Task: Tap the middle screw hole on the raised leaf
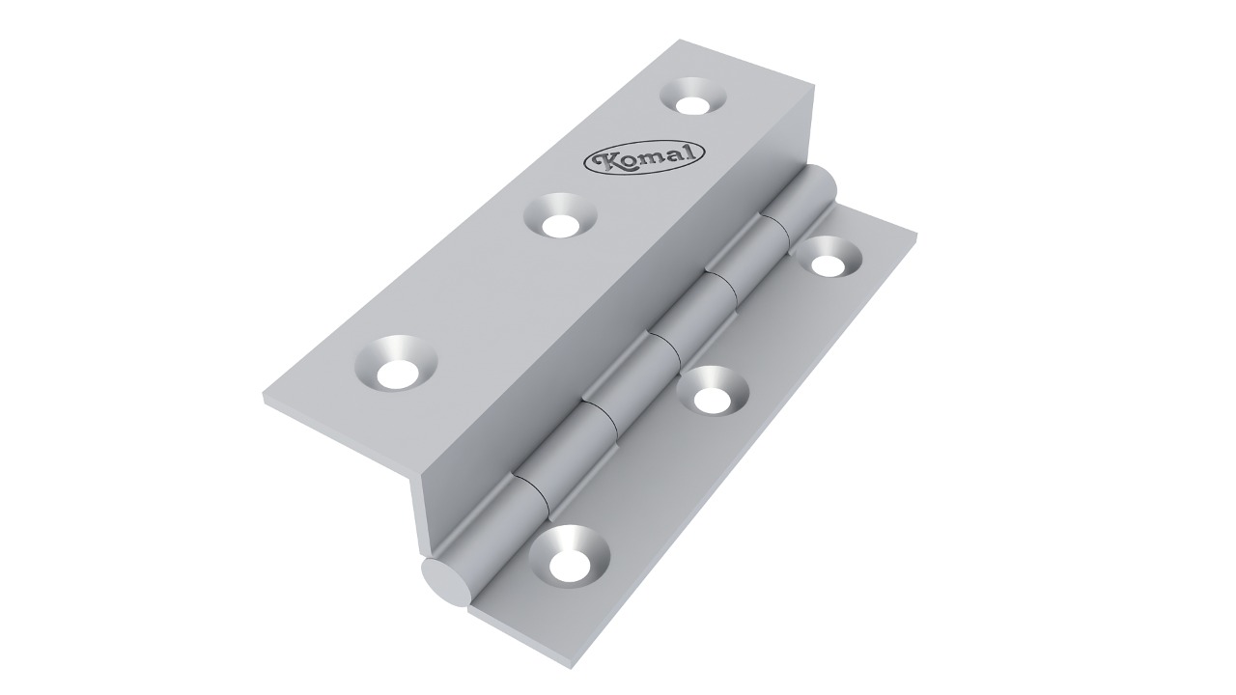point(560,220)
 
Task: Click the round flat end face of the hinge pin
point(442,582)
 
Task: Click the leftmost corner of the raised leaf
point(264,399)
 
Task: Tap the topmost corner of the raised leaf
point(681,41)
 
